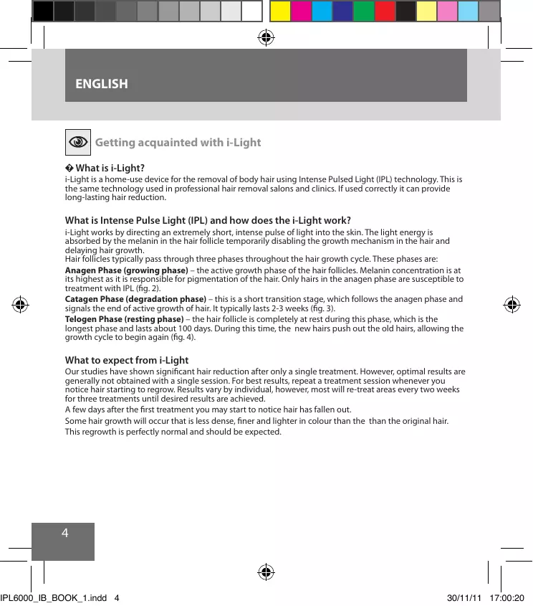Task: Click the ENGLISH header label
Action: pos(102,85)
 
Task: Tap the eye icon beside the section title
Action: pos(77,142)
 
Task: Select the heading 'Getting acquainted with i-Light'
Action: pos(178,142)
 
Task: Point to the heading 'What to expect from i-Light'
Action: pos(127,360)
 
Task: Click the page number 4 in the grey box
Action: pos(65,533)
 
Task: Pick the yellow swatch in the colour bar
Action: pos(280,10)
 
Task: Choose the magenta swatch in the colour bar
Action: pos(301,10)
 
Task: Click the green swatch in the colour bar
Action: pos(364,10)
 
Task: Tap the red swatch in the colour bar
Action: pos(385,10)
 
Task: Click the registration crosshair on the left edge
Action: pos(20,304)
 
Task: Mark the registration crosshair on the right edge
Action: pos(512,304)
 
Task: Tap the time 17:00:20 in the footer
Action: pos(508,597)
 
